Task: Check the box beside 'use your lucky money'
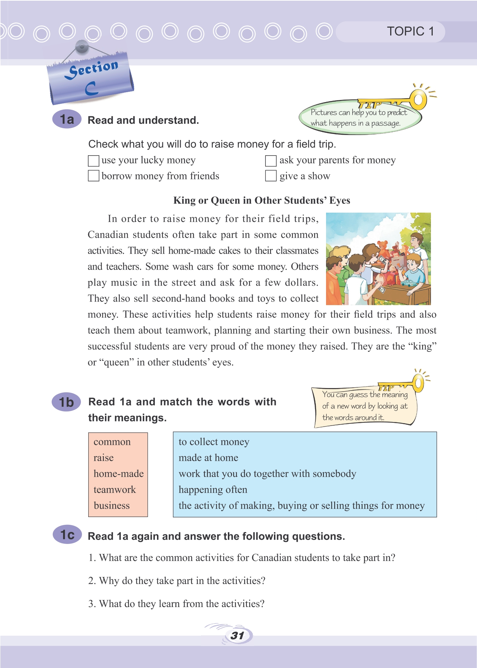pos(94,161)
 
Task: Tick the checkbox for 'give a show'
pos(271,176)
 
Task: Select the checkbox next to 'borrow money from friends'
pos(94,176)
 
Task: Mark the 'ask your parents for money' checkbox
pos(271,161)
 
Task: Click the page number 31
pos(237,635)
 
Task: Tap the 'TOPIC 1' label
pos(410,32)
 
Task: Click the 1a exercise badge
pos(67,119)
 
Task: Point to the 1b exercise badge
pos(67,402)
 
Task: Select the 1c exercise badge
pos(67,535)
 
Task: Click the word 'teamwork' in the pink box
pos(114,490)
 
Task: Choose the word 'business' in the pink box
pos(112,506)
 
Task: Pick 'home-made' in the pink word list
pos(118,474)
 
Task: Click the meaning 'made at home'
pos(208,458)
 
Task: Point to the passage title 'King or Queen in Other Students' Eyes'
pos(262,201)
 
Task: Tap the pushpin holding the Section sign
pos(82,46)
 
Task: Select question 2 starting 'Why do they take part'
pos(176,581)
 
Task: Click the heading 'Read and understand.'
pos(143,120)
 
